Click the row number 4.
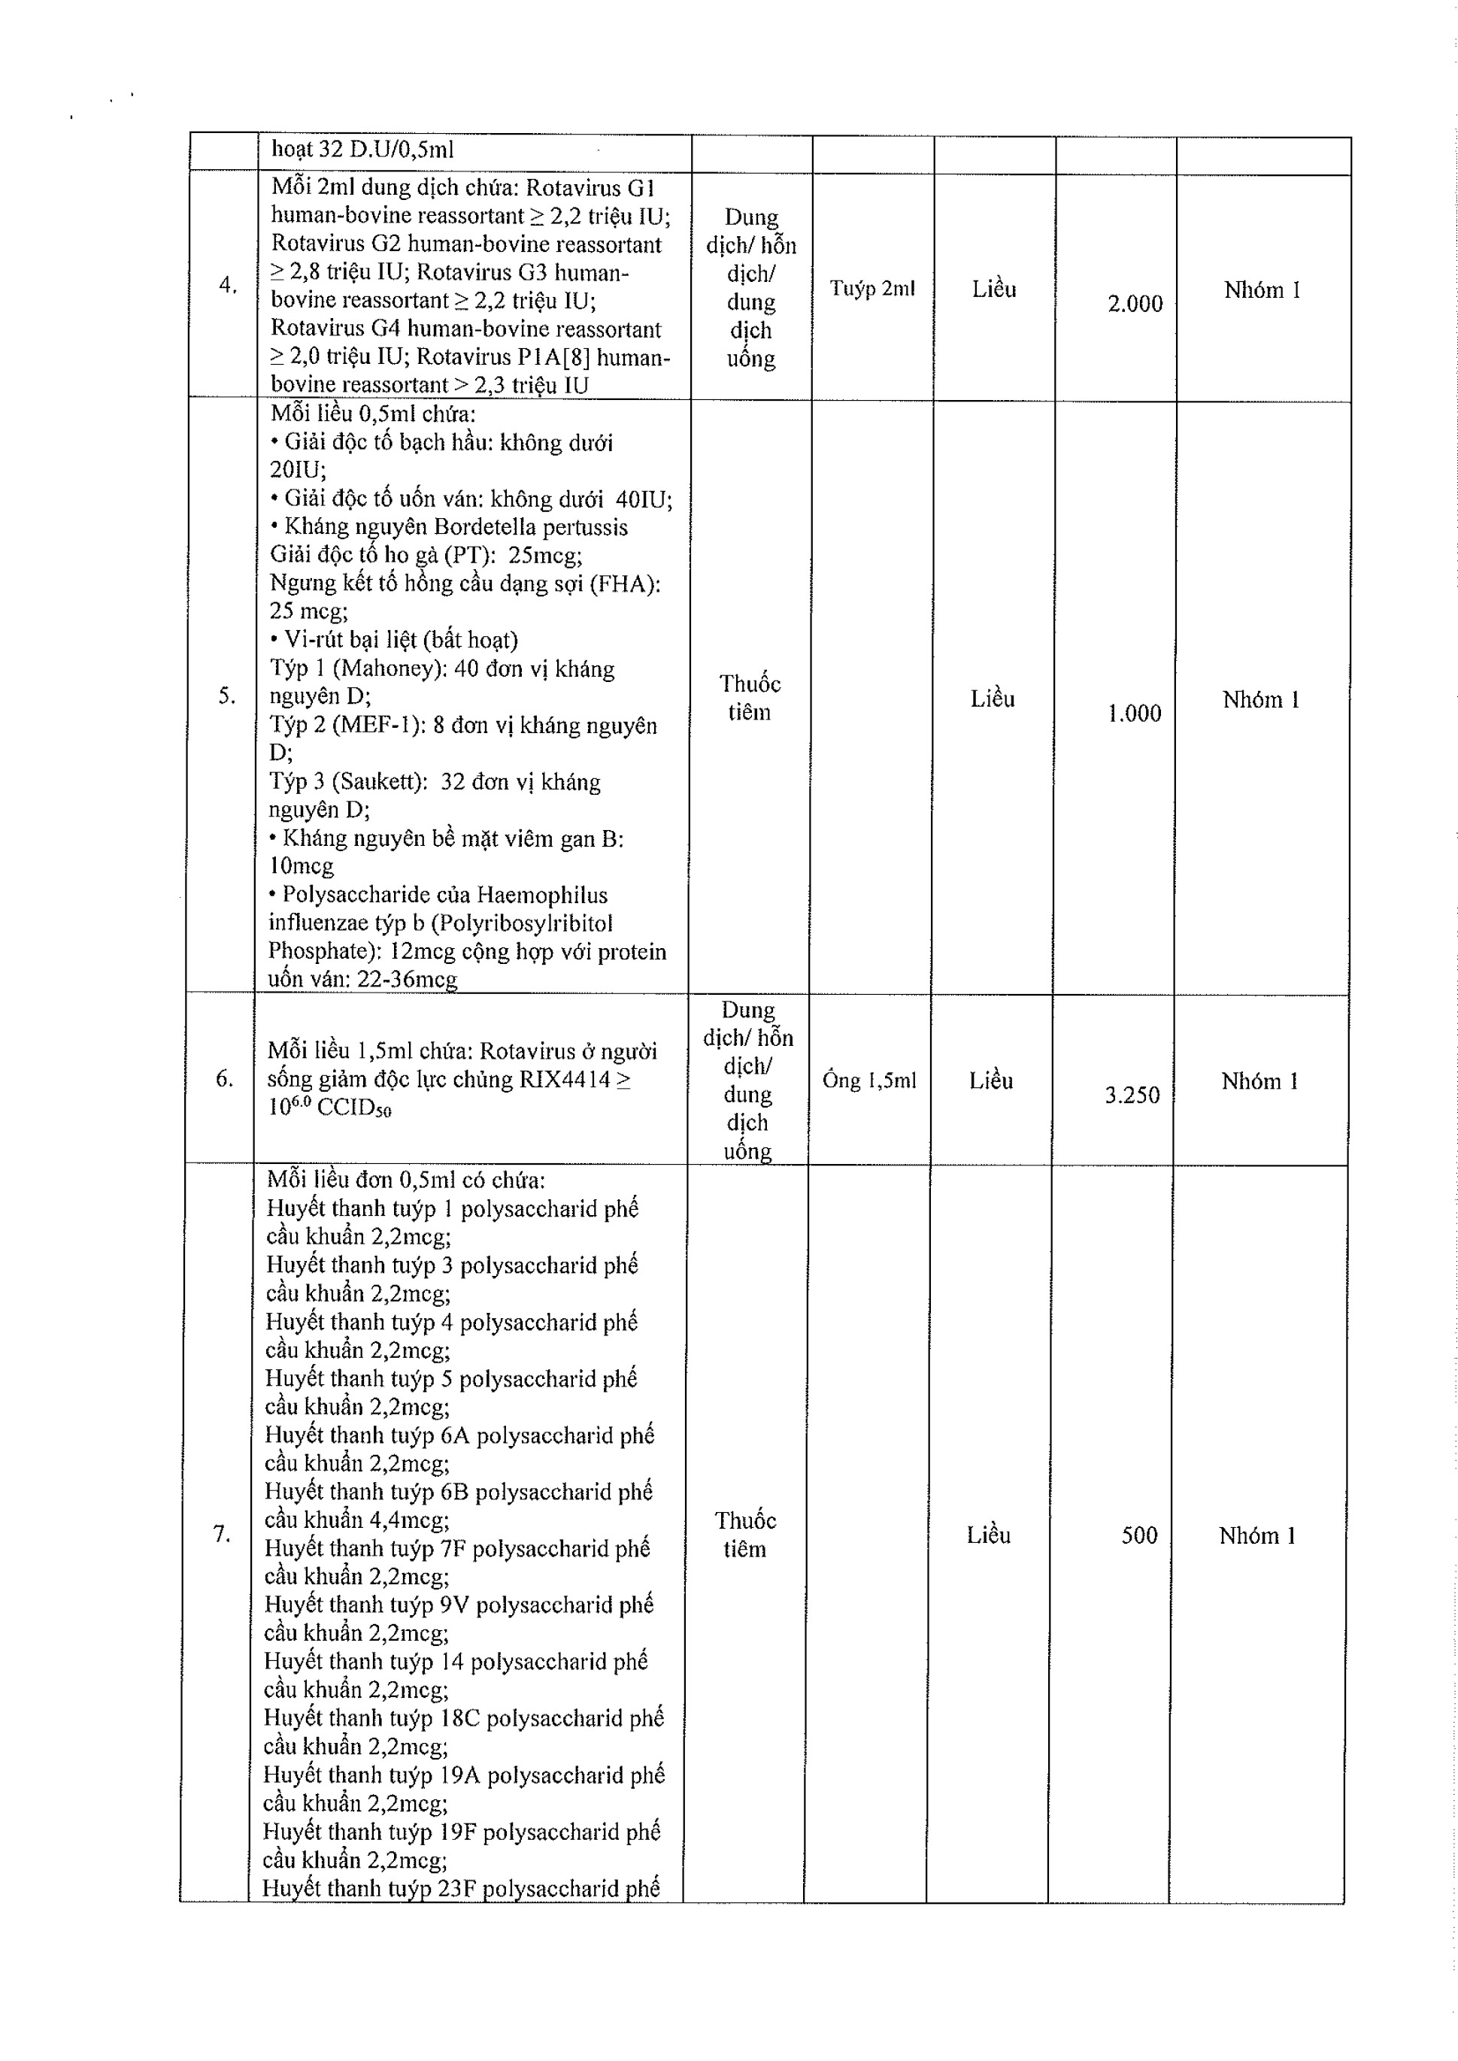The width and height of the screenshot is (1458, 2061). [228, 286]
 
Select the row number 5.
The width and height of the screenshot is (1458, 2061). [227, 696]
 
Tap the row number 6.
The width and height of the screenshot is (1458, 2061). [224, 1078]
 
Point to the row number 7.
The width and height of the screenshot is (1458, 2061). [222, 1534]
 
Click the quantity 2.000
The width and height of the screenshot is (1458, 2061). [1135, 304]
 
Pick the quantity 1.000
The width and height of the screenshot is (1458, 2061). [1134, 714]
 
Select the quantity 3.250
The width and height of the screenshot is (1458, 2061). [1132, 1095]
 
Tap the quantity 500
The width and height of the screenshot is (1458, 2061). [1139, 1535]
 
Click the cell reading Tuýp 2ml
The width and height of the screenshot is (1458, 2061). [871, 288]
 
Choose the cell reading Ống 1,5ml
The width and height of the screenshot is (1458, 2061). [869, 1080]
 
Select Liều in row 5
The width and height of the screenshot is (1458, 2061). [992, 699]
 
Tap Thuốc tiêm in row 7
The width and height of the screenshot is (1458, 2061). [745, 1534]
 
